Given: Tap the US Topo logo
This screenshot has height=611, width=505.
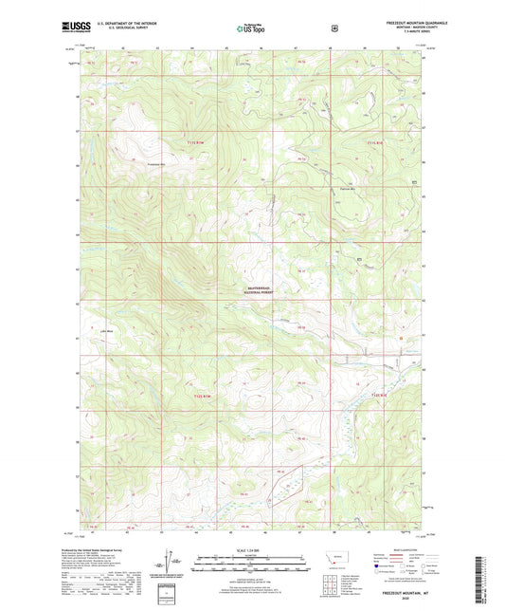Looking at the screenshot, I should click(251, 29).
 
